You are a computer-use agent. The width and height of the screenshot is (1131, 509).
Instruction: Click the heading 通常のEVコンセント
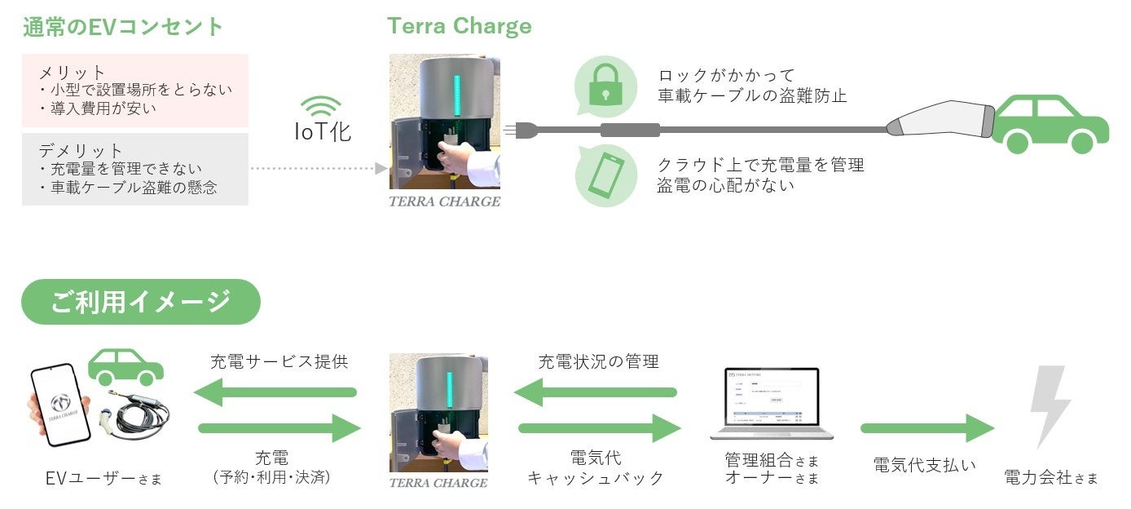pyautogui.click(x=122, y=26)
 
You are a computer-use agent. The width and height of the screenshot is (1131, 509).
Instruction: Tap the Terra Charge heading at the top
pyautogui.click(x=459, y=26)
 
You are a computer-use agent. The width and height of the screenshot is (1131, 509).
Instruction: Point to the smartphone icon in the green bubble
pyautogui.click(x=605, y=175)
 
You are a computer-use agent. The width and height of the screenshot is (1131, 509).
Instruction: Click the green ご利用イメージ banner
pyautogui.click(x=140, y=302)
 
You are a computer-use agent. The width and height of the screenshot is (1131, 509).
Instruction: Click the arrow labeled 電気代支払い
pyautogui.click(x=927, y=428)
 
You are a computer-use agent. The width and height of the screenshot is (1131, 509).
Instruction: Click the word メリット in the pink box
pyautogui.click(x=73, y=73)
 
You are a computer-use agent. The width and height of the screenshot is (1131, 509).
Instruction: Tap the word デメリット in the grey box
pyautogui.click(x=81, y=151)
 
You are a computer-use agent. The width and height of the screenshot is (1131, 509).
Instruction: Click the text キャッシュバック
pyautogui.click(x=596, y=478)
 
